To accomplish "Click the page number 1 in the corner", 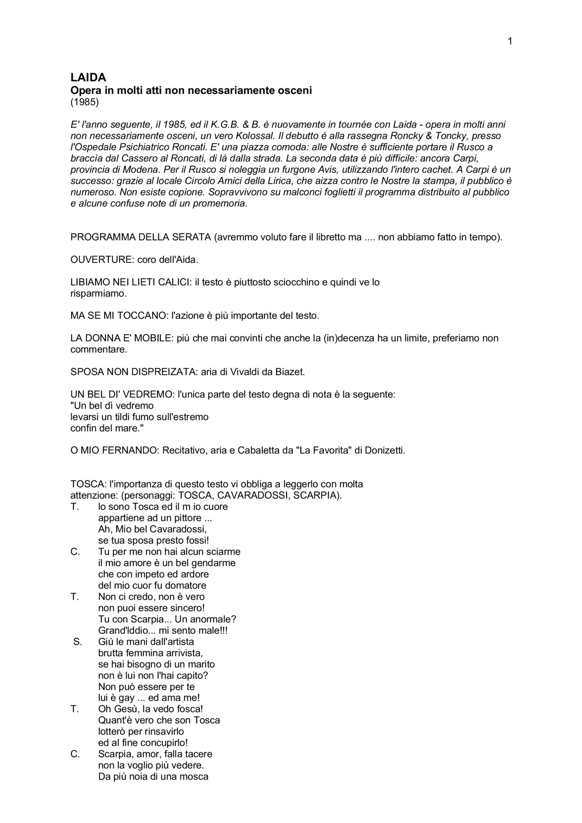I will click(x=510, y=41).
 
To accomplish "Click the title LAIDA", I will click(x=88, y=77).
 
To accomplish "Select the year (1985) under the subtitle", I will click(x=84, y=102).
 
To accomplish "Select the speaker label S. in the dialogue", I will click(x=77, y=642).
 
